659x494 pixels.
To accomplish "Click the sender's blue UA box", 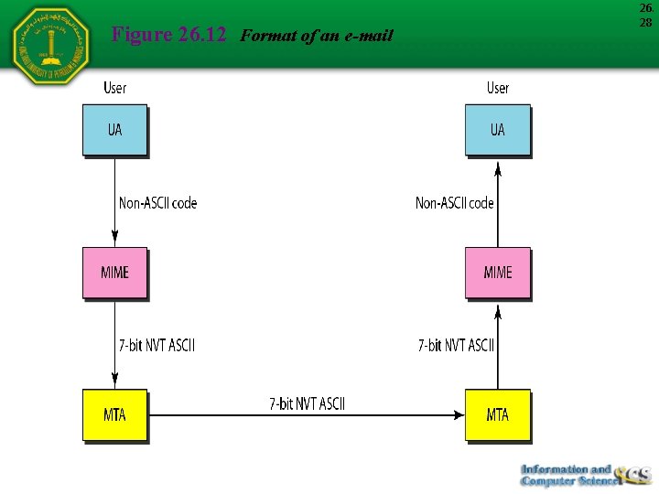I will (114, 130).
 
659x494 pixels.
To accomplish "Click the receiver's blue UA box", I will (497, 130).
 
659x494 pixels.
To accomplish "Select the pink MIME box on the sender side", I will (114, 273).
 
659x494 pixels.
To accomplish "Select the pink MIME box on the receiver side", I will (497, 273).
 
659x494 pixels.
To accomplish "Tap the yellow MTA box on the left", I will (114, 415).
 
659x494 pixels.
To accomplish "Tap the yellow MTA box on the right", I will (497, 415).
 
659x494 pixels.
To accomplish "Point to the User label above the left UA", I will (115, 88).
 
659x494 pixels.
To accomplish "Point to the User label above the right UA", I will (498, 88).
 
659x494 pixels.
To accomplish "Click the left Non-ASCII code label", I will (157, 203).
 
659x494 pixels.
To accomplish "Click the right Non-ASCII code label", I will (454, 203).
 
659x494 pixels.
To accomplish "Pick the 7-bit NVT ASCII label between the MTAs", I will (307, 403).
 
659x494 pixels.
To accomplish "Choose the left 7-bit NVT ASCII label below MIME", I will (157, 346).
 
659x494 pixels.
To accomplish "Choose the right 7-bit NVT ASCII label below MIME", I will (456, 346).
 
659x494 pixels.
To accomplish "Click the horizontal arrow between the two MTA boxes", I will (307, 415).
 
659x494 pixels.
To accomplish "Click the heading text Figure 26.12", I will (167, 36).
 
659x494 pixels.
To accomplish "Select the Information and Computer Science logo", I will (582, 475).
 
